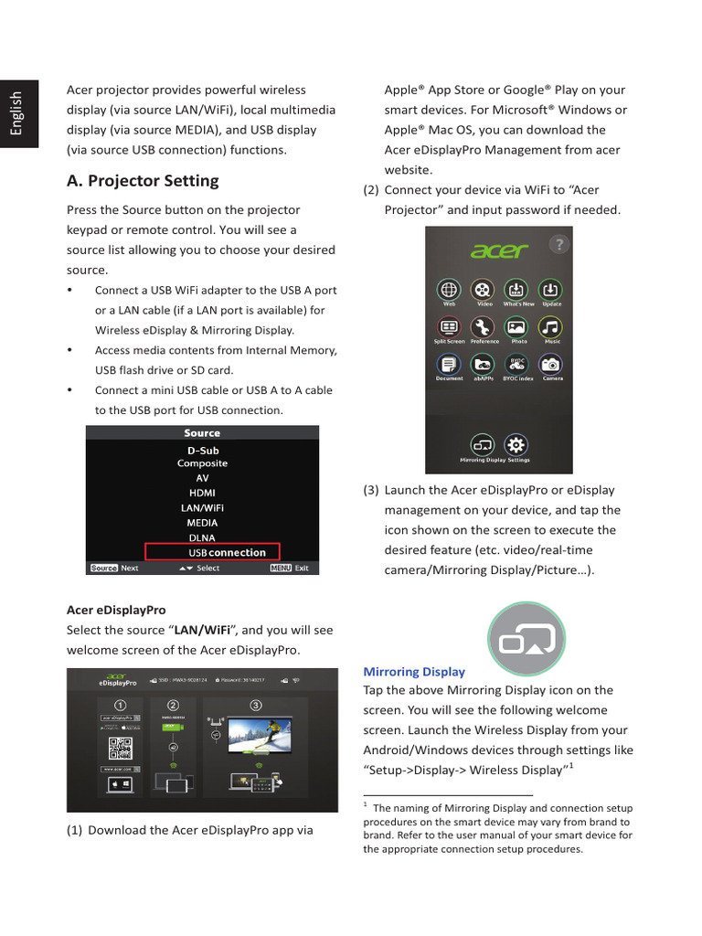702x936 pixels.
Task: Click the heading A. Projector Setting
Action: [143, 181]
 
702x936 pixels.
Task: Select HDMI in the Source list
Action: [202, 493]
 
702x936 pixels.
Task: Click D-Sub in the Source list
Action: [202, 451]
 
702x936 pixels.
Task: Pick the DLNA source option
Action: [202, 537]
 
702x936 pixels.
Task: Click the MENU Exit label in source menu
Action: [291, 568]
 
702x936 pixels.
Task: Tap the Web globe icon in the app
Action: [449, 289]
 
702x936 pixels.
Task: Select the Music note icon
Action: [550, 327]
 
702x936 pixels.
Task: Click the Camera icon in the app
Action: [550, 365]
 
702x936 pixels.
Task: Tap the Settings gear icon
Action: [516, 445]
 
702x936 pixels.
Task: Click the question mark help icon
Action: [559, 244]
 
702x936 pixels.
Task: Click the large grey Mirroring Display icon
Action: [526, 636]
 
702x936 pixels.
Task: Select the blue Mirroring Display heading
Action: [414, 672]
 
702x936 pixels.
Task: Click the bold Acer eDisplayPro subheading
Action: [116, 610]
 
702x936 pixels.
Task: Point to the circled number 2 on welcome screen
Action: [173, 705]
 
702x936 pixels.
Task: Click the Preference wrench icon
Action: [484, 327]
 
